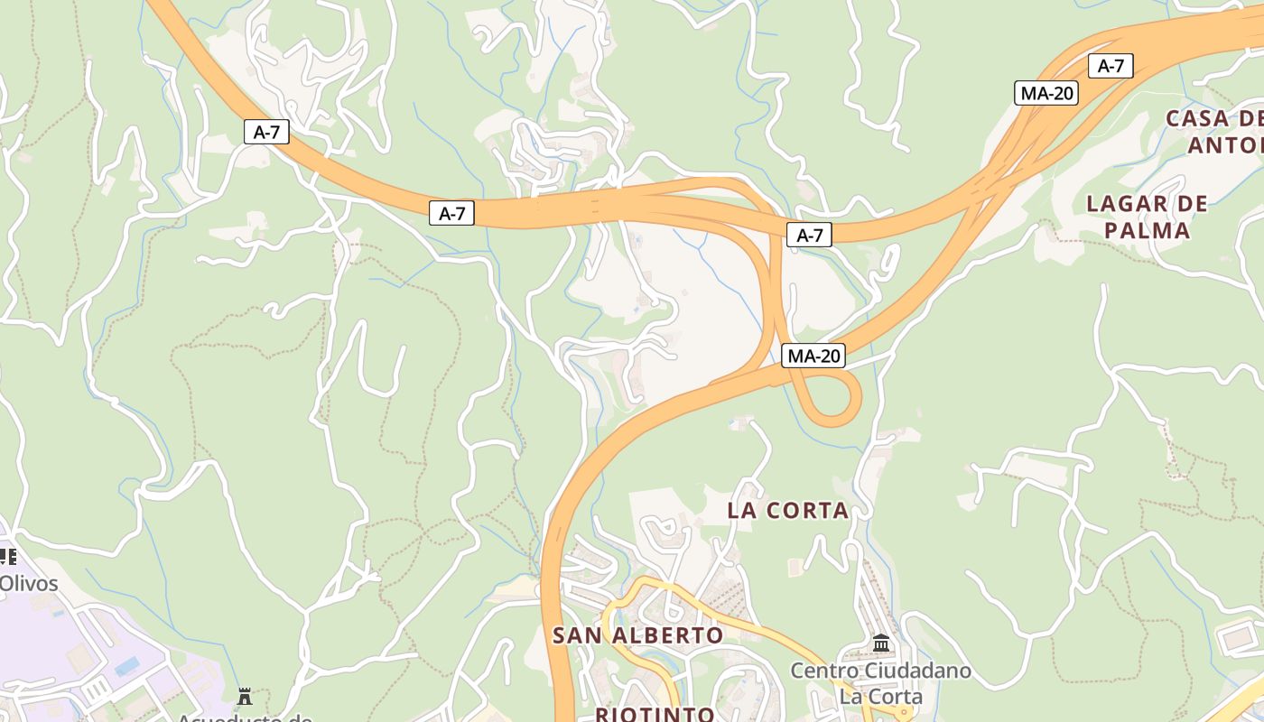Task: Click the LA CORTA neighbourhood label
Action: [x=788, y=511]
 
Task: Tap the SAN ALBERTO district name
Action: [x=637, y=635]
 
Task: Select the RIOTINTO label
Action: [x=655, y=714]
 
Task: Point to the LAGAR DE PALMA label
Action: [x=1148, y=217]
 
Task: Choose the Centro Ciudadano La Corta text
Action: [x=880, y=683]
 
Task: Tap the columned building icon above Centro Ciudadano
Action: [x=881, y=643]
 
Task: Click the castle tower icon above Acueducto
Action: [x=244, y=696]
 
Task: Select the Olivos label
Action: [x=29, y=583]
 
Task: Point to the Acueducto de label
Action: [x=244, y=717]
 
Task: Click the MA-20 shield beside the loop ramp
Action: [x=813, y=356]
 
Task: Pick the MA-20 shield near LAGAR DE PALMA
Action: [x=1046, y=93]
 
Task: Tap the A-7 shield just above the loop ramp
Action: [x=810, y=236]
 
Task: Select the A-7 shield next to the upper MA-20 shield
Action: [x=1111, y=66]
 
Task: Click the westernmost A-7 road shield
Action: [x=266, y=132]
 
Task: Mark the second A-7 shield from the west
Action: [x=451, y=213]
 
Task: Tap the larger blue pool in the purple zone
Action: [x=127, y=666]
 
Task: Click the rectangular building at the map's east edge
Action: [x=1237, y=640]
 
